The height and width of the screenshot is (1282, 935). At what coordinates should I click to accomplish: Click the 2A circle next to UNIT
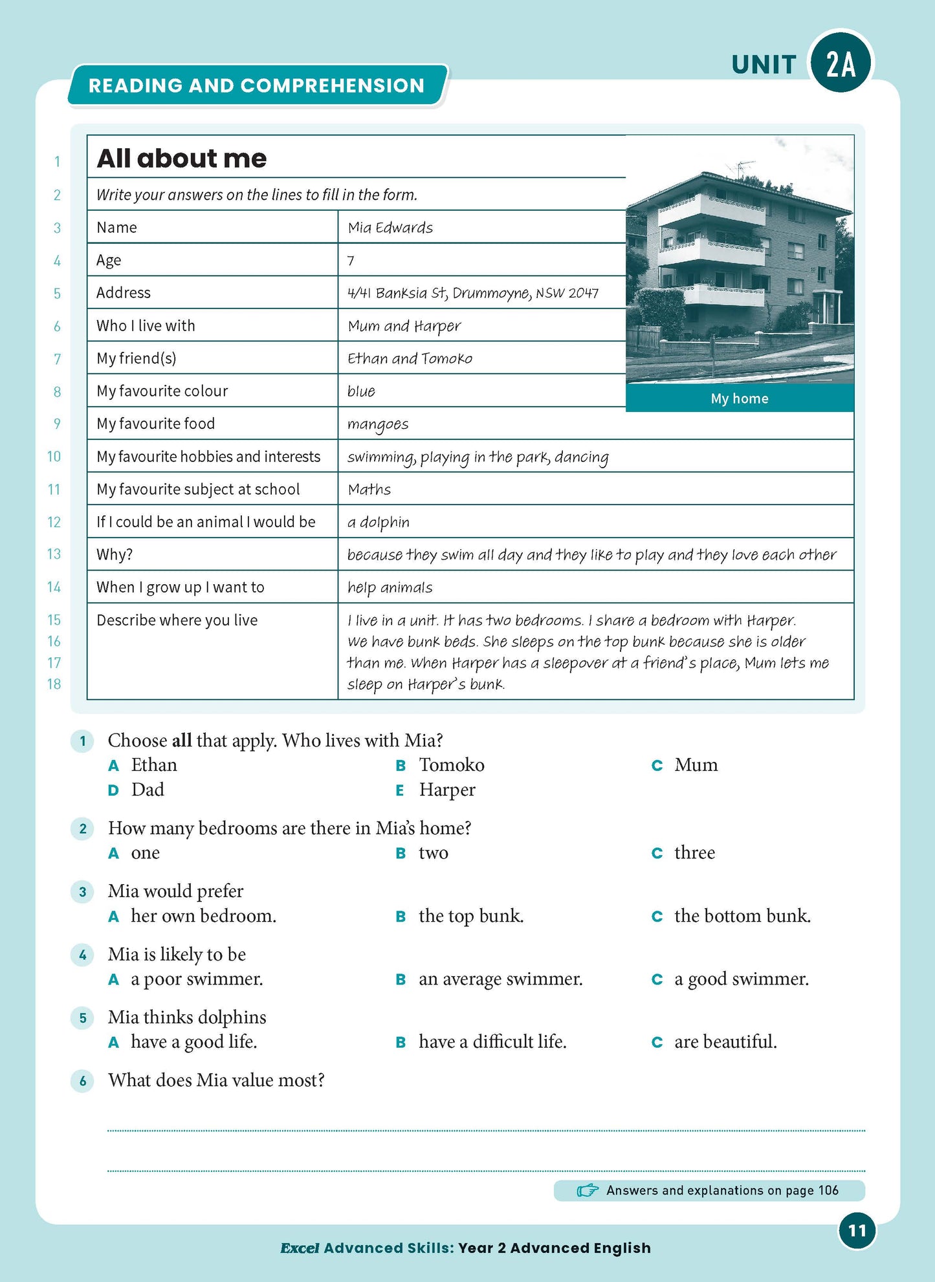pos(841,63)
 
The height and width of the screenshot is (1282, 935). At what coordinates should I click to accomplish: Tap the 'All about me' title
pos(181,158)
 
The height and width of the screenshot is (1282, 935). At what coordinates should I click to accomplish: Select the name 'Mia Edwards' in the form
pos(390,228)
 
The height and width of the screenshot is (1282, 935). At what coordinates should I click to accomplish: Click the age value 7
pos(351,261)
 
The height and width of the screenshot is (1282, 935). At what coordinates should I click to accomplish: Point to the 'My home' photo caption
pos(739,398)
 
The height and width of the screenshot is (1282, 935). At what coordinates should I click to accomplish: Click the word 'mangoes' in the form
pos(378,424)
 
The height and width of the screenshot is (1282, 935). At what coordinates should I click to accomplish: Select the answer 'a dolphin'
pos(379,522)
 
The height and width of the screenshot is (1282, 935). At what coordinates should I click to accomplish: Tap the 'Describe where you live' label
pos(177,620)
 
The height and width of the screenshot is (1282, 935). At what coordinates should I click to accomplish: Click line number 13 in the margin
pos(54,554)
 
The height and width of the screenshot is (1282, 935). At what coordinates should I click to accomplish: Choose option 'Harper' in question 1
pos(446,790)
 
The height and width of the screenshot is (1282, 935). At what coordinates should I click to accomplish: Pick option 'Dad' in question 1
pos(148,790)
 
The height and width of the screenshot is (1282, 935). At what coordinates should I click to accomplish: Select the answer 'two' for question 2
pos(433,853)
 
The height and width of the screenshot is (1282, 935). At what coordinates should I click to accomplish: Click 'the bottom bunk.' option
pos(742,916)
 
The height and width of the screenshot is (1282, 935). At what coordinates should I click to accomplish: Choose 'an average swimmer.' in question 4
pos(500,979)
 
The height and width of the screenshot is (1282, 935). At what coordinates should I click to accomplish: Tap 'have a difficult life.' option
pos(492,1042)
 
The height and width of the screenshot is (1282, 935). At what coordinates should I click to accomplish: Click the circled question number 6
pos(82,1080)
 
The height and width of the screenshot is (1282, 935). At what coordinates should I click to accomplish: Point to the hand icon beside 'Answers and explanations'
pos(587,1191)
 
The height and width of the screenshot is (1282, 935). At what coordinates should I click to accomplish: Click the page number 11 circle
pos(857,1230)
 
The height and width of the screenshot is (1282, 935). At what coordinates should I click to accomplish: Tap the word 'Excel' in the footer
pos(300,1248)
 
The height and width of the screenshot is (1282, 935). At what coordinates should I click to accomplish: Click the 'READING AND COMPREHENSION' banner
pos(256,85)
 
